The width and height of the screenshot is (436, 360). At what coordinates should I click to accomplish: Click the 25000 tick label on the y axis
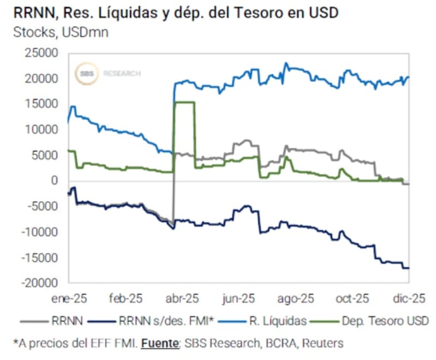43,53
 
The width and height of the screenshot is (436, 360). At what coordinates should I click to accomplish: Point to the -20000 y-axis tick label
41,283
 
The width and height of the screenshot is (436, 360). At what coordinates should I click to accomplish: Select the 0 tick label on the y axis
55,181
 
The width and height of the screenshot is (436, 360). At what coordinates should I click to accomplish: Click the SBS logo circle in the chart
86,73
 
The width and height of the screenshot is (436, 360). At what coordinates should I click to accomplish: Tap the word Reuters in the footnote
325,343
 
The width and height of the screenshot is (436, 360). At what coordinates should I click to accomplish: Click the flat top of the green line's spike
184,103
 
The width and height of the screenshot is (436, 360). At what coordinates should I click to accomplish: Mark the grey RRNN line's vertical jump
174,185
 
